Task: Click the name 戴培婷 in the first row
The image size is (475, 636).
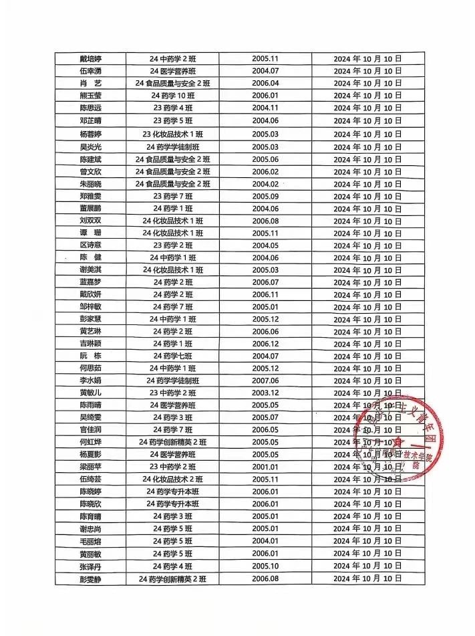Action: pos(90,58)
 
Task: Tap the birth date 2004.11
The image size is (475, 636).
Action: pos(265,108)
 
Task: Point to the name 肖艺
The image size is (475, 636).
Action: pos(90,83)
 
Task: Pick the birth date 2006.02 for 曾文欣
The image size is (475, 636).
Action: pos(265,172)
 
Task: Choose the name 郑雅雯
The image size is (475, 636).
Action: pos(90,196)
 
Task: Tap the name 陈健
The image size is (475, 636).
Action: pos(90,257)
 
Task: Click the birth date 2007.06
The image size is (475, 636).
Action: pos(265,381)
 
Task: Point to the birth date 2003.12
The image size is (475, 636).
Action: pos(265,393)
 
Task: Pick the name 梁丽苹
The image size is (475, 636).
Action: pos(90,467)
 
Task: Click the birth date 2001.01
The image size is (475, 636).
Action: pos(265,467)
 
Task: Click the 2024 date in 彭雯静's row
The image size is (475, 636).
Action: pos(367,578)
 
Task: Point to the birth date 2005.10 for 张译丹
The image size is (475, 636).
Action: pos(265,566)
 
